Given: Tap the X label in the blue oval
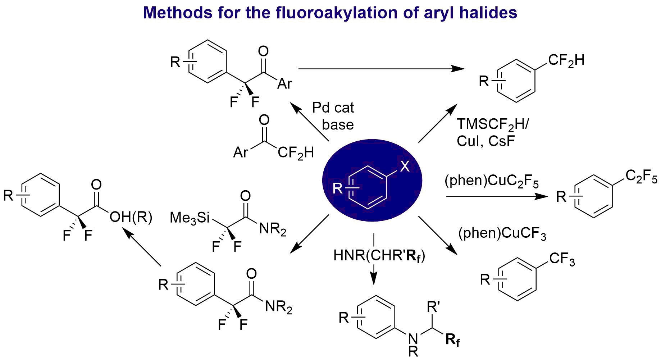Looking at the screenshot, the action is coord(405,167).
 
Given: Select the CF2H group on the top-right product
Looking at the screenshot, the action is coord(566,60).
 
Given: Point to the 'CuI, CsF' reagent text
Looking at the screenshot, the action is coord(486,141).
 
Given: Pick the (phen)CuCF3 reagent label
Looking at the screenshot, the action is coord(502,234).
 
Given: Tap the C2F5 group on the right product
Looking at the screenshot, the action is coord(642,176).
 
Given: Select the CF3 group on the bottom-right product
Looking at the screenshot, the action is coord(562,259).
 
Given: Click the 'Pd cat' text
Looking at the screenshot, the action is coord(333,108).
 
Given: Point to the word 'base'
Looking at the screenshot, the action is coord(338,125).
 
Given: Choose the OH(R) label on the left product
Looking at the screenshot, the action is coord(131,217).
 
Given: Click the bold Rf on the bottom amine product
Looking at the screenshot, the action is coord(453,340).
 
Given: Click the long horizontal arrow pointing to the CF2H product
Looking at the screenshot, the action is coord(382,68).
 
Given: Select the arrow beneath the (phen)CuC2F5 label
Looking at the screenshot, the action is coord(497,196).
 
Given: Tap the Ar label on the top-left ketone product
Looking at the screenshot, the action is coord(285,84).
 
